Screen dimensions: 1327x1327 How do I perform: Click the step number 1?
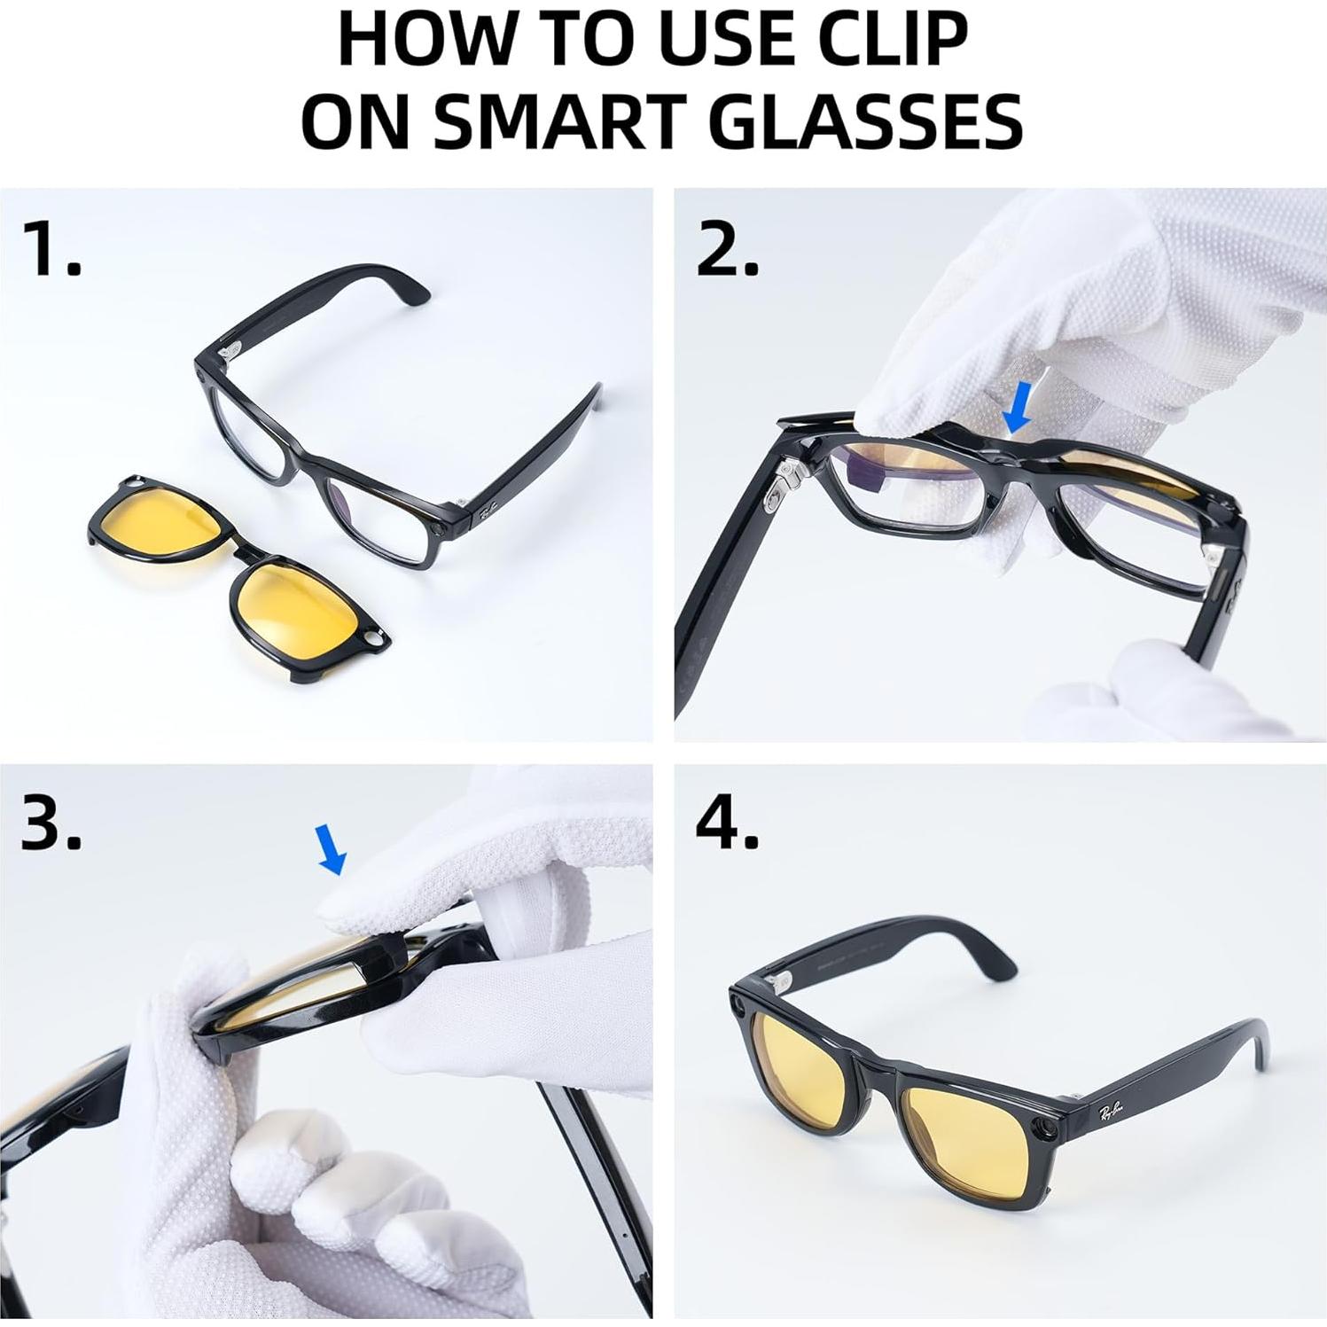51,250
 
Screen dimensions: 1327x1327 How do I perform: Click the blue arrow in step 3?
332,848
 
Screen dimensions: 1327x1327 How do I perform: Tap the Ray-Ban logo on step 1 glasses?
488,511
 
